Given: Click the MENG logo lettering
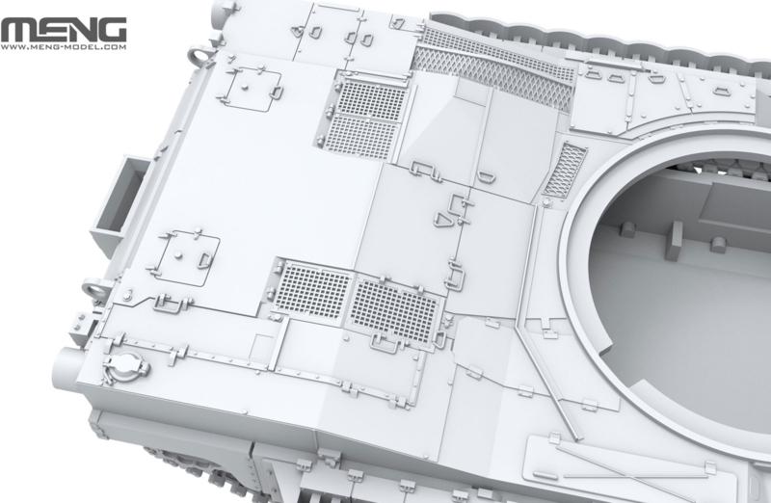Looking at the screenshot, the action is pos(64,31).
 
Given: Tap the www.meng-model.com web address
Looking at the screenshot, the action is pos(64,47).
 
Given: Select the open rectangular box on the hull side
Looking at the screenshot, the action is pos(119,197).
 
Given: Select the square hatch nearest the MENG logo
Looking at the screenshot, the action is pos(254,90).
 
